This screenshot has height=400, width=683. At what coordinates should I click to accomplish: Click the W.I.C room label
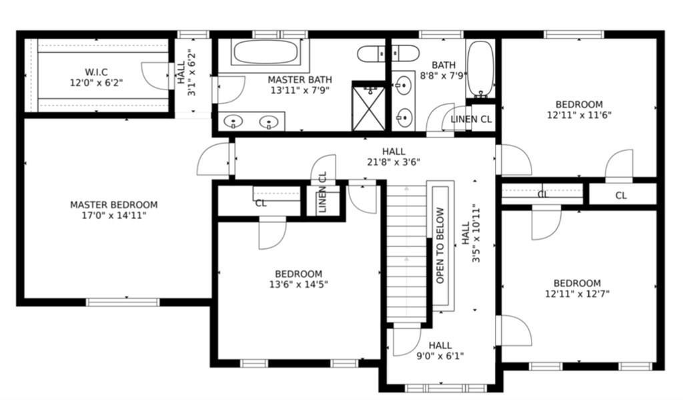pyautogui.click(x=96, y=71)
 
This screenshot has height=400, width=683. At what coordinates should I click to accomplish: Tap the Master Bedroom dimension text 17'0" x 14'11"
pyautogui.click(x=113, y=216)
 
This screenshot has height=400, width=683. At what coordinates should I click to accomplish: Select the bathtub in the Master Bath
pyautogui.click(x=267, y=52)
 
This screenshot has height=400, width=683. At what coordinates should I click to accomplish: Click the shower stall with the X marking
pyautogui.click(x=368, y=108)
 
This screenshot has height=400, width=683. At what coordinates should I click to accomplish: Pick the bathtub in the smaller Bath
pyautogui.click(x=480, y=69)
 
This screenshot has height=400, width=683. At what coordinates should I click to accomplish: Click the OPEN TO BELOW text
pyautogui.click(x=440, y=245)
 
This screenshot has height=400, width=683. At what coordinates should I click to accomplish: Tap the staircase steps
pyautogui.click(x=406, y=254)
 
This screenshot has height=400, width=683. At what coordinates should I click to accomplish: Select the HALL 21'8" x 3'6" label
pyautogui.click(x=394, y=156)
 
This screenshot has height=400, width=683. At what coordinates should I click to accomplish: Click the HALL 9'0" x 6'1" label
pyautogui.click(x=440, y=351)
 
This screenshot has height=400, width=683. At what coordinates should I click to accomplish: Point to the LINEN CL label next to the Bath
pyautogui.click(x=472, y=120)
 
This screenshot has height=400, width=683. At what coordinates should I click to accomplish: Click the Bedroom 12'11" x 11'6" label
pyautogui.click(x=579, y=110)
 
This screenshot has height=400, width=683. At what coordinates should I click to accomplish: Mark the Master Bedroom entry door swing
pyautogui.click(x=213, y=160)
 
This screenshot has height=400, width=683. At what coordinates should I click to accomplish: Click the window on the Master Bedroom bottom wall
pyautogui.click(x=123, y=302)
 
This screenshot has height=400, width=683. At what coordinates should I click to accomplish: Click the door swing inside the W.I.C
pyautogui.click(x=156, y=74)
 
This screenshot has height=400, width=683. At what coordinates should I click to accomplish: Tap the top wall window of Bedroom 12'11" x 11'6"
pyautogui.click(x=574, y=34)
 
